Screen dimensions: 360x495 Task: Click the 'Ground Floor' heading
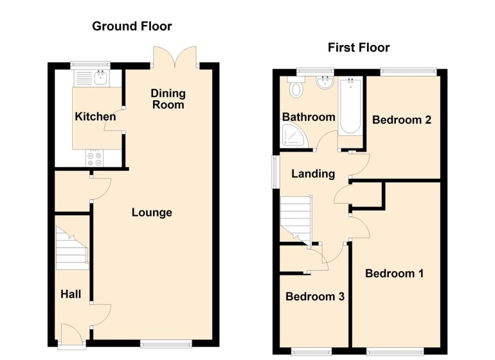[x=132, y=26]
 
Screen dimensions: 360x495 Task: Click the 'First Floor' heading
[x=359, y=48]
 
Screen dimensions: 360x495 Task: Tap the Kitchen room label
[x=96, y=117]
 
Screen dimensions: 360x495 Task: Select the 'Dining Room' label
[x=168, y=99]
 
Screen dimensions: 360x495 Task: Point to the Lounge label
[x=152, y=213]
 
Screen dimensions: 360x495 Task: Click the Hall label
[x=71, y=294]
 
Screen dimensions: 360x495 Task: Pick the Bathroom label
[x=309, y=117]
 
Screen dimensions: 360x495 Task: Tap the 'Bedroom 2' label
[x=401, y=120]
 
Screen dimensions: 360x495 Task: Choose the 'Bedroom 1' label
[x=394, y=273]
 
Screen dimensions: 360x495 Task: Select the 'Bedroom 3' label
[x=315, y=297]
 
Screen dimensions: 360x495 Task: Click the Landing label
[x=313, y=174]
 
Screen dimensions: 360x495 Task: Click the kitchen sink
[x=99, y=78]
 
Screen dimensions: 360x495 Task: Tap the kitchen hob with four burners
[x=95, y=157]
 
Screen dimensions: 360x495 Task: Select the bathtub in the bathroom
[x=350, y=106]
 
